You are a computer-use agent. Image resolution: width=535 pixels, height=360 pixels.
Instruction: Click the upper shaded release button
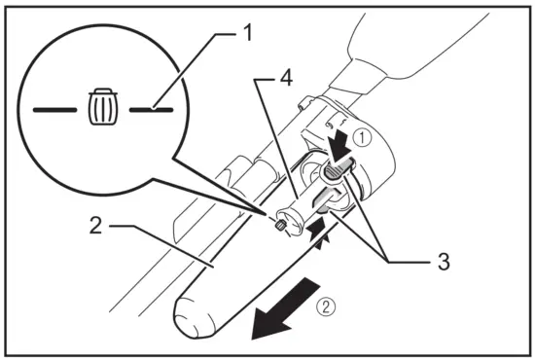pyautogui.click(x=334, y=172)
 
